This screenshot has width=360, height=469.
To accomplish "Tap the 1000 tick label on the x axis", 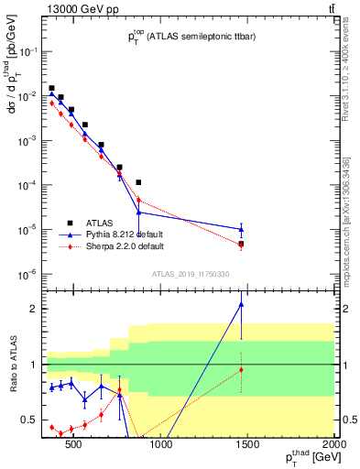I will coord(160,446).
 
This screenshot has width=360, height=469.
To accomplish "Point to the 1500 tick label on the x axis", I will coord(247,446).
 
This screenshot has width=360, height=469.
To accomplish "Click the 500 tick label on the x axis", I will coord(74,446).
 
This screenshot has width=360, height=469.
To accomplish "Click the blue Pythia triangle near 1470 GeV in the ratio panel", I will coord(241,304).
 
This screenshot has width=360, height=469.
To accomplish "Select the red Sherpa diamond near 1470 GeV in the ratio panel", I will coord(241,369).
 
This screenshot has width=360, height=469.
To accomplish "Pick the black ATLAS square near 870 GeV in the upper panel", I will coord(138,182).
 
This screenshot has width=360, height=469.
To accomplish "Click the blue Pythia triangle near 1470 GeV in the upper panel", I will coord(241,229).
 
